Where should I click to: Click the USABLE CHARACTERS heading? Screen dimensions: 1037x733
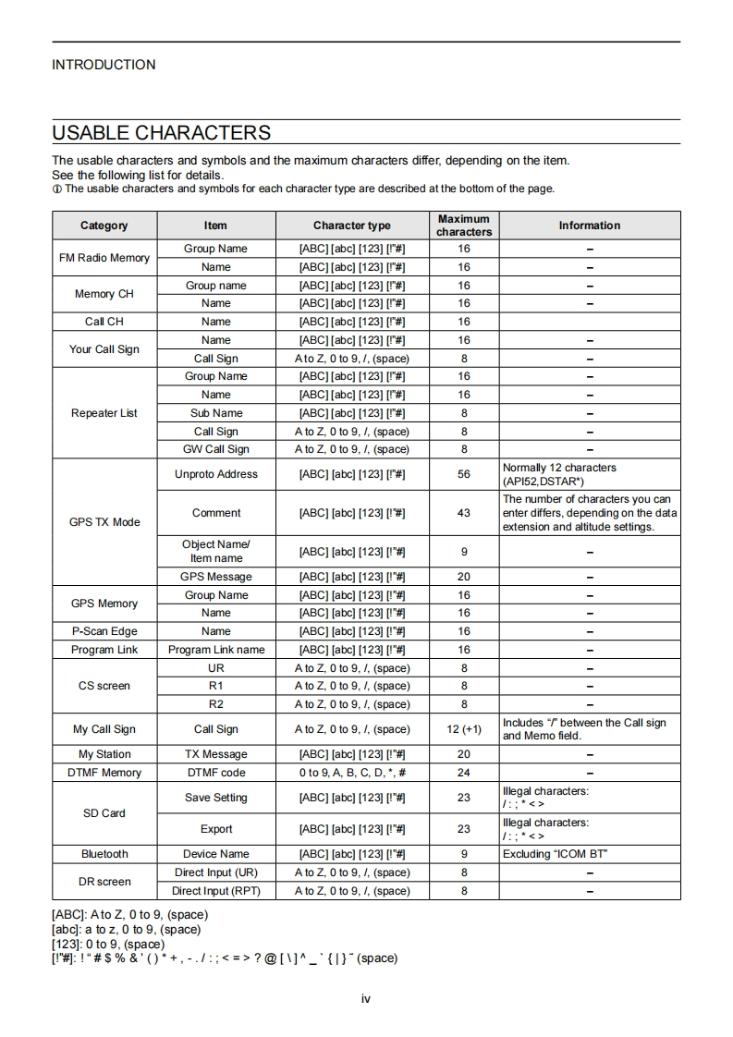pos(161,132)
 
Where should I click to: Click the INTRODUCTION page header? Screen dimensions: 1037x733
pos(104,65)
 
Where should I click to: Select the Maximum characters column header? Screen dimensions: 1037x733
pos(464,226)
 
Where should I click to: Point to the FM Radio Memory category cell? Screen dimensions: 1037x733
pos(104,258)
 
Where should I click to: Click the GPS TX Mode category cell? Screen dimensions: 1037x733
pos(104,522)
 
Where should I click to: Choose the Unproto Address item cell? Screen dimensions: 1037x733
pos(216,474)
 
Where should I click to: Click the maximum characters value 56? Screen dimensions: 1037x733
pos(464,474)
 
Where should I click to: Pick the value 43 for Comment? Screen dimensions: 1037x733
pos(464,513)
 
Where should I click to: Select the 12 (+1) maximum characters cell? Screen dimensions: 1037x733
pos(464,729)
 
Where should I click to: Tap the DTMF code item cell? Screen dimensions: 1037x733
pos(216,773)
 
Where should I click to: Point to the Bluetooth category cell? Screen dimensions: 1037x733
pos(104,854)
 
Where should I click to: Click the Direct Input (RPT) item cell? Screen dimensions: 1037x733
pos(216,891)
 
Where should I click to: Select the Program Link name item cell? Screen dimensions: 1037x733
pos(216,650)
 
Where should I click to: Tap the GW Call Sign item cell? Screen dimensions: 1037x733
pos(216,449)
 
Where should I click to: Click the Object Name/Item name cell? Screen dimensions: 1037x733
pos(216,551)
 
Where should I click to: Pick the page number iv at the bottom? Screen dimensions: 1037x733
pos(366,998)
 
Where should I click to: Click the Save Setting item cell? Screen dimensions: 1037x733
pos(216,798)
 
